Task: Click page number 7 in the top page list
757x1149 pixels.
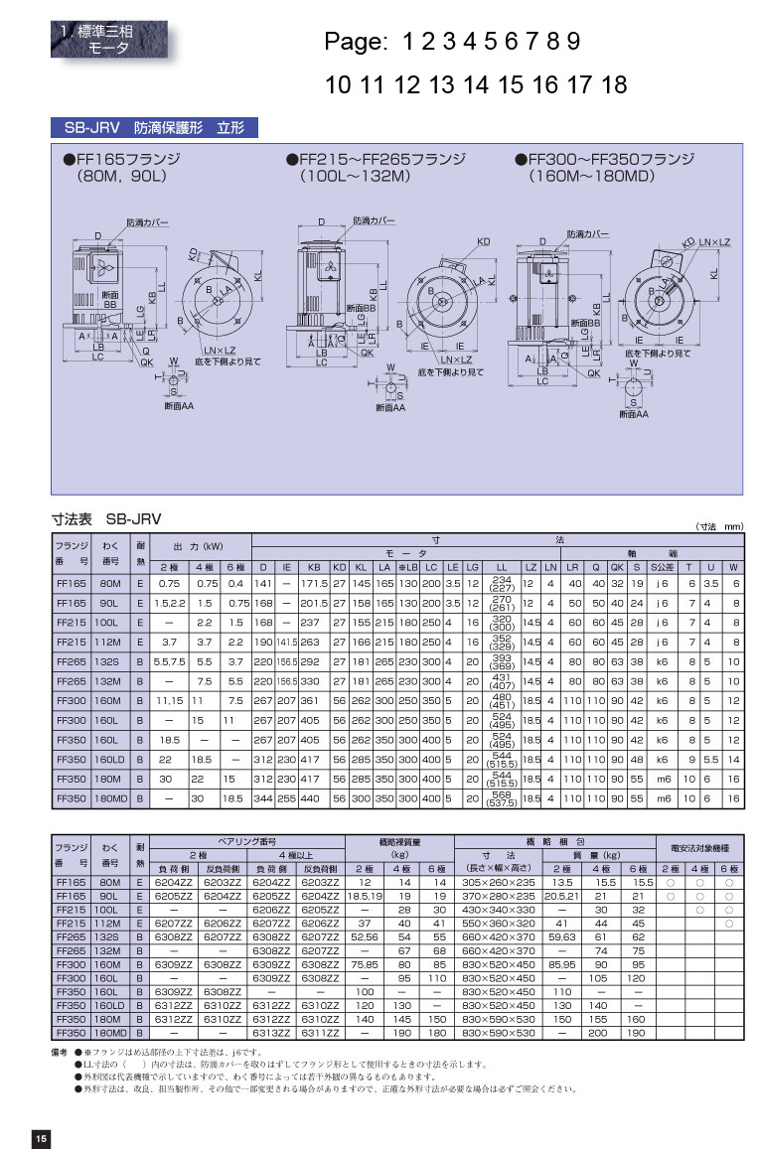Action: (x=527, y=42)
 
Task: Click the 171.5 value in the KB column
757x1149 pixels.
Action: (x=314, y=584)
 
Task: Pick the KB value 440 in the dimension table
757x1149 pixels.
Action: (x=309, y=797)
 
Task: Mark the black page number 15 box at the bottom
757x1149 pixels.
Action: (x=41, y=1138)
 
